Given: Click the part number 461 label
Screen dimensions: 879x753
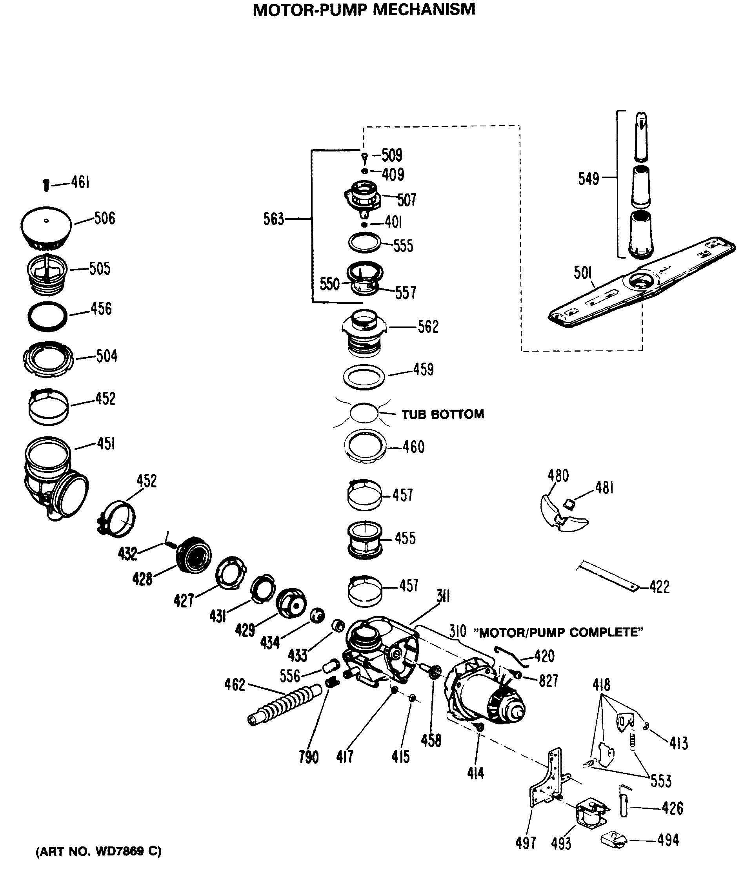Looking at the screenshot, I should click(x=80, y=182).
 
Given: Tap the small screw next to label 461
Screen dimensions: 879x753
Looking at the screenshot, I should click(x=46, y=185).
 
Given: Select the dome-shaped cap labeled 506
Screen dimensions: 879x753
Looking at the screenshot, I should click(x=46, y=227).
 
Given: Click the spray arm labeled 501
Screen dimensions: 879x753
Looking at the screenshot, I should click(x=640, y=283).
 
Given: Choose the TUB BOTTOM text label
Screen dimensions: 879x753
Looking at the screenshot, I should click(x=442, y=414).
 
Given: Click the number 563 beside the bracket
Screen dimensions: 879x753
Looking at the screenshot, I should click(x=273, y=219).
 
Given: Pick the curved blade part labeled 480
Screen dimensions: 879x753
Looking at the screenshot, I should click(x=562, y=514).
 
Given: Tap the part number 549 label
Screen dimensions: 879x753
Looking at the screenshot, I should click(x=589, y=179).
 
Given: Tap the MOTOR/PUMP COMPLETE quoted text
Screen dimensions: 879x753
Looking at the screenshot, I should click(x=558, y=633).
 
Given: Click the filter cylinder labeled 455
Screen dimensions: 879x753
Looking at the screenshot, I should click(x=365, y=540).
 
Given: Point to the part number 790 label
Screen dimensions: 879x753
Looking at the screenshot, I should click(x=308, y=757).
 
